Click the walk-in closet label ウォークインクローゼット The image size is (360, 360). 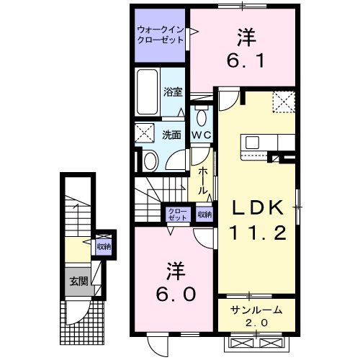click(x=160, y=35)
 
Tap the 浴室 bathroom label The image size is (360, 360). click(x=173, y=92)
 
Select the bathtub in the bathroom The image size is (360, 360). click(x=148, y=92)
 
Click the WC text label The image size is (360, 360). click(x=202, y=135)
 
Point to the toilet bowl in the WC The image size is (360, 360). click(x=202, y=117)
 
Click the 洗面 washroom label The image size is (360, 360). click(x=171, y=135)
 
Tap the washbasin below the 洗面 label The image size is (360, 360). click(x=150, y=161)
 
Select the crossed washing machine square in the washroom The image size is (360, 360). click(x=145, y=132)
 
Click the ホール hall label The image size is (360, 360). click(x=203, y=181)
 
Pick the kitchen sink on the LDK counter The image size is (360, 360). click(x=252, y=143)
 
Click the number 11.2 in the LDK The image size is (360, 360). click(x=258, y=233)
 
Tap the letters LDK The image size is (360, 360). click(x=258, y=207)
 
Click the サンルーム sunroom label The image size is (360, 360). click(x=256, y=310)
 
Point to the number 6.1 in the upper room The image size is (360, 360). click(x=246, y=60)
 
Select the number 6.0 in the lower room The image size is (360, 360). click(x=176, y=294)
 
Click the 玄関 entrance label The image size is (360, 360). click(x=78, y=282)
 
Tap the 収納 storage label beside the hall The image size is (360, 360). click(x=204, y=215)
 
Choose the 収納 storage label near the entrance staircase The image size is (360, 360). click(x=104, y=246)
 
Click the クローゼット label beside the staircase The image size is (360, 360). click(x=178, y=215)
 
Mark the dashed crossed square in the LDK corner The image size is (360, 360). click(x=284, y=102)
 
